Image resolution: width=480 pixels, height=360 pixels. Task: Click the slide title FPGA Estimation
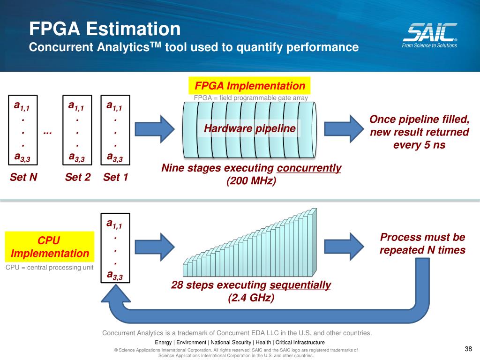(105, 29)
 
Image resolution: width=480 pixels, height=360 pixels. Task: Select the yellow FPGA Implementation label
(250, 86)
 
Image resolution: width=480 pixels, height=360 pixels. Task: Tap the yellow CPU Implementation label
(50, 247)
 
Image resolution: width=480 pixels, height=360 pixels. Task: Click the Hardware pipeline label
(250, 128)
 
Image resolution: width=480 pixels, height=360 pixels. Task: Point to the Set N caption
(23, 177)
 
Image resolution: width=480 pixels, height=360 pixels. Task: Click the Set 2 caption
(78, 177)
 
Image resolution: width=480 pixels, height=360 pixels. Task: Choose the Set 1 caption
(116, 177)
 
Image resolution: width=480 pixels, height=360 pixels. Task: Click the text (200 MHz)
(251, 181)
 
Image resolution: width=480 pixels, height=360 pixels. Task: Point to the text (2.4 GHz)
(251, 298)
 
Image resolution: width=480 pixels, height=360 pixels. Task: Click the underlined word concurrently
(309, 168)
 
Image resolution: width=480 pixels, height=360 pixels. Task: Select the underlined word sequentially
(300, 285)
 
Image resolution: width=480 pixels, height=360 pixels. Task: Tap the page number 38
(468, 348)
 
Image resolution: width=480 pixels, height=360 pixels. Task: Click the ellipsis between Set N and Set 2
(47, 133)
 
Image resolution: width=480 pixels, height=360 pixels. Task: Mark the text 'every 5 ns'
(419, 145)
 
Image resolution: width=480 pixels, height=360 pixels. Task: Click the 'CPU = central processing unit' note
(50, 268)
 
